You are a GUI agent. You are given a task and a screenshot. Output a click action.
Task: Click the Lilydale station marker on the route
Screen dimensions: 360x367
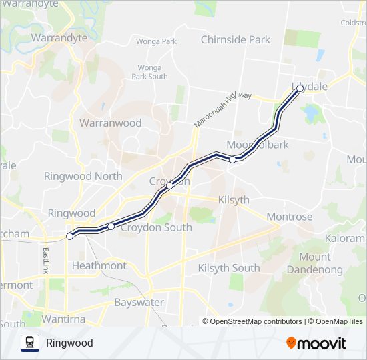[300, 88]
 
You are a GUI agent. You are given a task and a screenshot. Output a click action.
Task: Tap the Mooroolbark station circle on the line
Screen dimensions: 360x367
[232, 159]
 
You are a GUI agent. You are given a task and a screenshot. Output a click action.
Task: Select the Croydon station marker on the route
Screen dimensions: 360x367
[170, 186]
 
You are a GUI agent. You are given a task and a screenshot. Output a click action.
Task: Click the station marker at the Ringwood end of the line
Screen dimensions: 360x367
[69, 236]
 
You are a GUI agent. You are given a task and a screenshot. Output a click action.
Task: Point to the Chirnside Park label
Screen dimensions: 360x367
[236, 39]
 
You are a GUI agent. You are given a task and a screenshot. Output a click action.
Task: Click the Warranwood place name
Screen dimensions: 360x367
[111, 123]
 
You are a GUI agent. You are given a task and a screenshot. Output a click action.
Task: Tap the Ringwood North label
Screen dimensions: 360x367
[83, 176]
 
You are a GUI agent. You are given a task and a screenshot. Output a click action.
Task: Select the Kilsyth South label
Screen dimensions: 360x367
[229, 268]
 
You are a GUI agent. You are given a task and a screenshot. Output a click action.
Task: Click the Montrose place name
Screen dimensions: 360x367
[289, 217]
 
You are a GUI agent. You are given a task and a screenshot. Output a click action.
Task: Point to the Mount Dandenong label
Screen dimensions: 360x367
[314, 263]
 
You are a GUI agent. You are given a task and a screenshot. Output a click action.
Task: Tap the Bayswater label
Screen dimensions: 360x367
[139, 302]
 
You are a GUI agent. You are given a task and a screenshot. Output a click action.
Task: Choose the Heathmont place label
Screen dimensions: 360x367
[99, 265]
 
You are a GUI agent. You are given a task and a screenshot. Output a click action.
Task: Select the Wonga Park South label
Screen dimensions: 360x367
[149, 72]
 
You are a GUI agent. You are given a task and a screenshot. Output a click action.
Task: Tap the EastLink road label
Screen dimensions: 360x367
[46, 260]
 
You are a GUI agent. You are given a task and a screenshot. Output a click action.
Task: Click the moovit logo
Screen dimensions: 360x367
[316, 343]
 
